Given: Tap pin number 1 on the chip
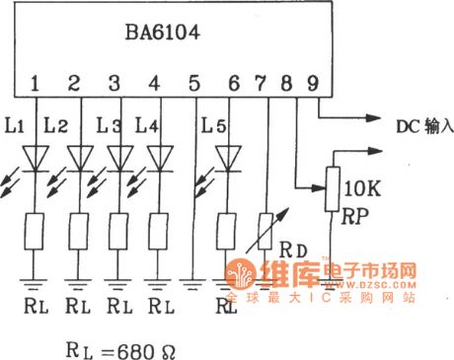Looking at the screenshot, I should [x=37, y=83].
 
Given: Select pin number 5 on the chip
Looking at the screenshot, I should [x=194, y=83].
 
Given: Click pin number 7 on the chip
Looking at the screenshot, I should [x=264, y=83].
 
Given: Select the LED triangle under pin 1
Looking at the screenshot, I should [x=37, y=156].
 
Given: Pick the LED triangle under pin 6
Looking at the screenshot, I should [x=231, y=156].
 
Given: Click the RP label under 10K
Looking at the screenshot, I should [x=357, y=210].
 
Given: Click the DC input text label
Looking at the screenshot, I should [x=423, y=127].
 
